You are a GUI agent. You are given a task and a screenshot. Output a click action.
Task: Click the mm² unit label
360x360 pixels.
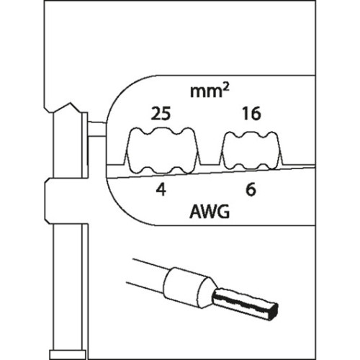(210, 91)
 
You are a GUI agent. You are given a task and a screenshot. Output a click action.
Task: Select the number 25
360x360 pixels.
(161, 114)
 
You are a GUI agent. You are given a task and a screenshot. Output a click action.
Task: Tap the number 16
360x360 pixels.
(251, 114)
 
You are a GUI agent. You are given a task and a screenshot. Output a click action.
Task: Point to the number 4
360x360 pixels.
(161, 190)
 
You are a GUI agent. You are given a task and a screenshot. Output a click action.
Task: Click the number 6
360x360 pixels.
(251, 190)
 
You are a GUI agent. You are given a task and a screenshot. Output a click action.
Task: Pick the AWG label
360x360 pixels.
(210, 212)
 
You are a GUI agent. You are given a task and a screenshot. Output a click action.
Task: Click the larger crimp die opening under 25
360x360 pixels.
(161, 150)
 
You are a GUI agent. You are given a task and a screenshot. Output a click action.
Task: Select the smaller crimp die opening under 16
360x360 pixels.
(251, 150)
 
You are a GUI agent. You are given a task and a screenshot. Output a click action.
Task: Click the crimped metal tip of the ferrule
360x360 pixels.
(245, 304)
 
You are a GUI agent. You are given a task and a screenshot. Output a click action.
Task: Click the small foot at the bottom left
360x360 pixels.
(68, 354)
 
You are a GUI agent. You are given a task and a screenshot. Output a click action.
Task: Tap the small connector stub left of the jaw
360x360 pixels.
(97, 130)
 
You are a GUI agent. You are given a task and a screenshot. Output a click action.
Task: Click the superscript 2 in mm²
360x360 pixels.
(226, 87)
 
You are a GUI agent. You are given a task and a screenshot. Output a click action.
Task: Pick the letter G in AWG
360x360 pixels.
(223, 212)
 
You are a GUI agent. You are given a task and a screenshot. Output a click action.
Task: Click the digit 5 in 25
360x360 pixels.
(166, 114)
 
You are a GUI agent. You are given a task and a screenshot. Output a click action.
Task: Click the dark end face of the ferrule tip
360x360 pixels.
(274, 312)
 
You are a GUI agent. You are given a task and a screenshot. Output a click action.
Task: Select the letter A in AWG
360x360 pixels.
(195, 212)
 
